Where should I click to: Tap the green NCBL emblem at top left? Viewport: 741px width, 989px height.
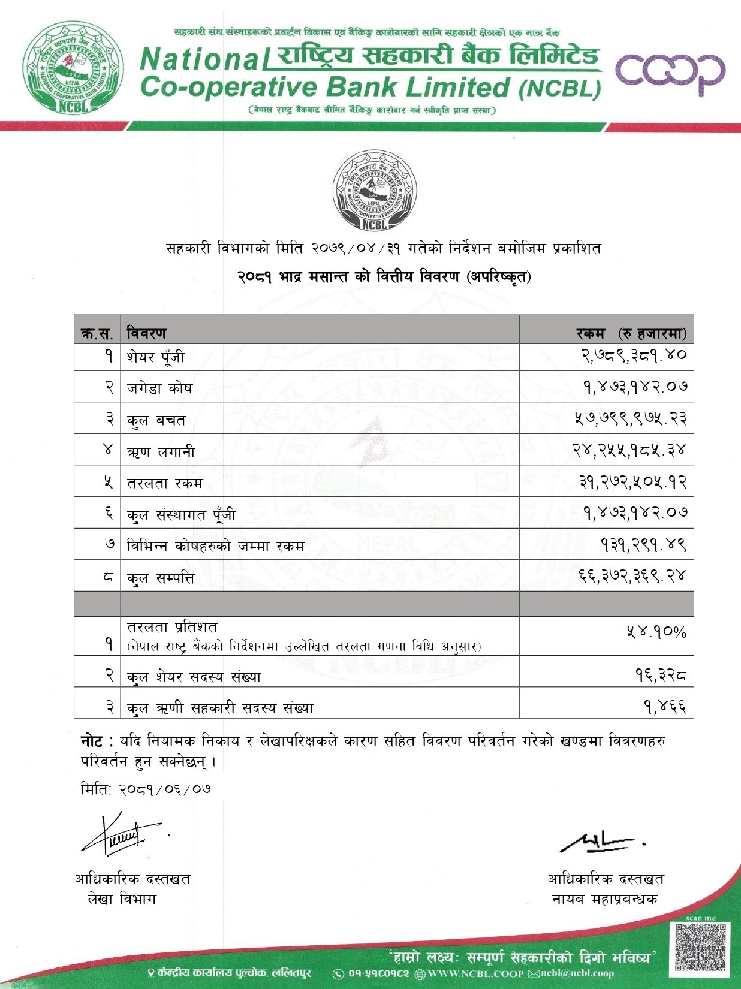(x=74, y=67)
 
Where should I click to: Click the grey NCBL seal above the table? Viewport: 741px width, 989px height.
(x=374, y=190)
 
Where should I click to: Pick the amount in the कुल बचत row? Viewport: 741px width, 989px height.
(x=630, y=418)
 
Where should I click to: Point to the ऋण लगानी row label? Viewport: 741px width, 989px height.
(x=161, y=451)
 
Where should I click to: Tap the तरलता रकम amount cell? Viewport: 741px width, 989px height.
(x=632, y=481)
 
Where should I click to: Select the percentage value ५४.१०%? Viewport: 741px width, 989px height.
(x=656, y=632)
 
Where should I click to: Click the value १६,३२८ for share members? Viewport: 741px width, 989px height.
(x=661, y=676)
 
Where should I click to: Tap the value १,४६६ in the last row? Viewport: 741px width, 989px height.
(x=665, y=707)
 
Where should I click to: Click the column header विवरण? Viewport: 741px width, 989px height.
(x=146, y=333)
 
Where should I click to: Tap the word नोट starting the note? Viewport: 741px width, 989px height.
(x=91, y=741)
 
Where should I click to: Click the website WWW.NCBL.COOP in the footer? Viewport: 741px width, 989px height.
(x=475, y=974)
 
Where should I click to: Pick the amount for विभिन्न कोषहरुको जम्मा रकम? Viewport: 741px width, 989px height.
(x=643, y=544)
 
